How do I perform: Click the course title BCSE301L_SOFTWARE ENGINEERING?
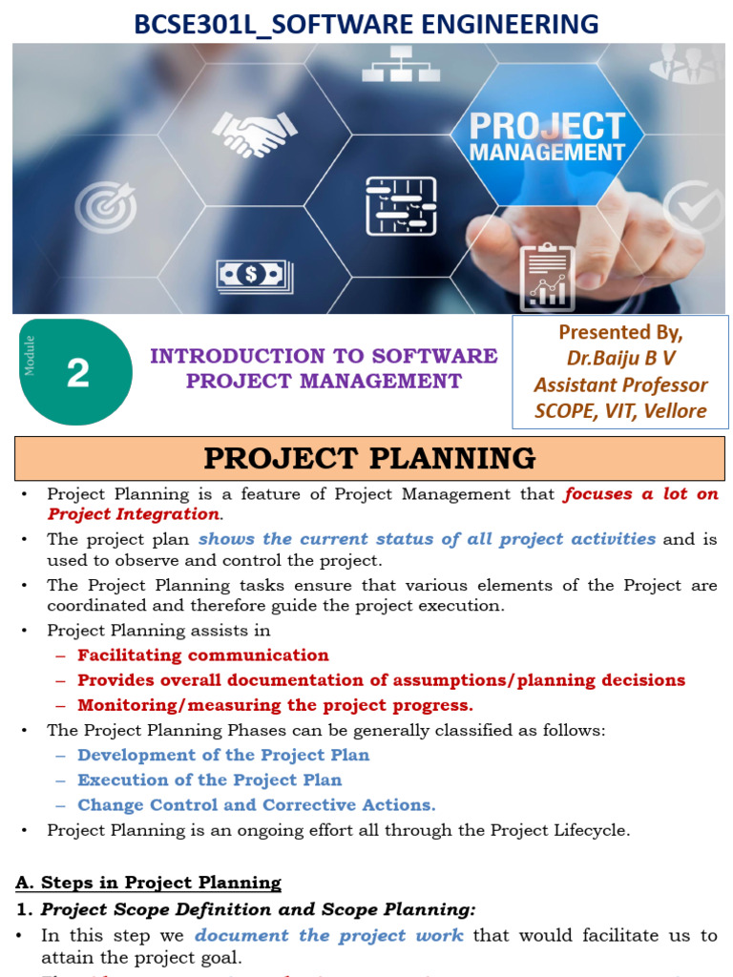pyautogui.click(x=366, y=23)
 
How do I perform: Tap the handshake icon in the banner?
pyautogui.click(x=253, y=134)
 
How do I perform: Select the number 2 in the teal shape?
pyautogui.click(x=78, y=372)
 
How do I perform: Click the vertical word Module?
pyautogui.click(x=31, y=355)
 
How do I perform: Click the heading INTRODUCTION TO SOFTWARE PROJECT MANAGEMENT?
pyautogui.click(x=324, y=368)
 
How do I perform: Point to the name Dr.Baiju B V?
pyautogui.click(x=620, y=359)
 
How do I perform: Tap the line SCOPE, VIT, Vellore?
pyautogui.click(x=620, y=411)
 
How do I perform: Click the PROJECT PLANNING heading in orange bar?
pyautogui.click(x=369, y=459)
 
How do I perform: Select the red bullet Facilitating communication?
pyautogui.click(x=202, y=655)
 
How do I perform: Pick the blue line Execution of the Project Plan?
pyautogui.click(x=209, y=780)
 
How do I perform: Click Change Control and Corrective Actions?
pyautogui.click(x=256, y=805)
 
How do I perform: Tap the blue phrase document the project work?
pyautogui.click(x=329, y=935)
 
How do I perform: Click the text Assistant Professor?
pyautogui.click(x=620, y=385)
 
